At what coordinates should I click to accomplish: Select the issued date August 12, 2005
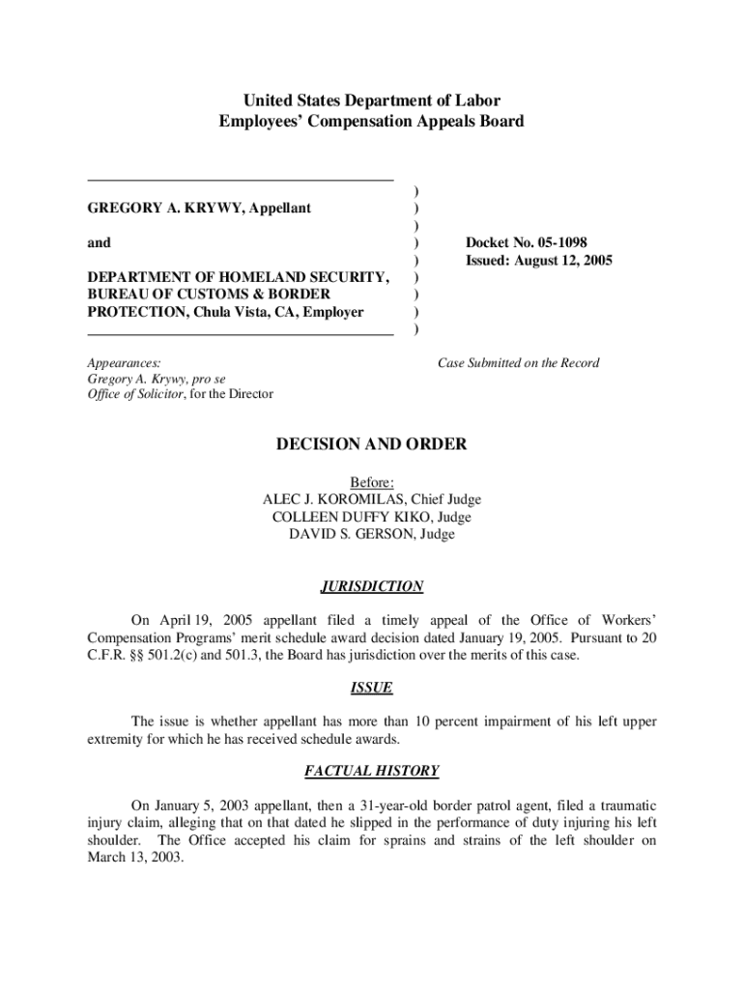[x=538, y=261]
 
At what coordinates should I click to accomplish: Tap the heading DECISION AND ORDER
[x=371, y=444]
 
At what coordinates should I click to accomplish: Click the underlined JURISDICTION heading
[x=371, y=586]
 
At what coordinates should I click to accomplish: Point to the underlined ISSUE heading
[x=371, y=689]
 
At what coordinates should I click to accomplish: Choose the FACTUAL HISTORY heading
[x=371, y=771]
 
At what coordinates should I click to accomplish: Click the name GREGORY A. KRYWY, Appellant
[x=199, y=209]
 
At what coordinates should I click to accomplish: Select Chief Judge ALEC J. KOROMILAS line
[x=371, y=499]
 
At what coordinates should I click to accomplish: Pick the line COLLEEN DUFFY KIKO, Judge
[x=371, y=517]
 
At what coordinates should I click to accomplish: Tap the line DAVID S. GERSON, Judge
[x=371, y=534]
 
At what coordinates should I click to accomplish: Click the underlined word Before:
[x=371, y=482]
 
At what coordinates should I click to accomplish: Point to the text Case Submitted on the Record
[x=518, y=363]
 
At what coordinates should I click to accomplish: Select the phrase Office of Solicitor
[x=135, y=394]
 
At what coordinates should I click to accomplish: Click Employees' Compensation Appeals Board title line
[x=371, y=122]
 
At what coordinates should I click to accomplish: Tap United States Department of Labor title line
[x=371, y=100]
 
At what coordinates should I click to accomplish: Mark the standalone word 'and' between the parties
[x=99, y=242]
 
